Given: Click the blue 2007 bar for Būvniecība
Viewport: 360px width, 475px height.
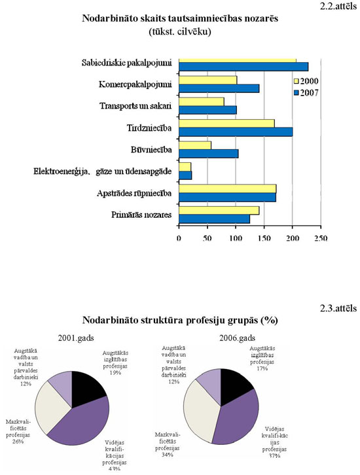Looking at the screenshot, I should coord(208,153).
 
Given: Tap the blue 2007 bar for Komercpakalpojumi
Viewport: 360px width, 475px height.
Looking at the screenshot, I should coord(219,88).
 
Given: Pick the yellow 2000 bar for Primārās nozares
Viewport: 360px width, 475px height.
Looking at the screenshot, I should coord(219,210).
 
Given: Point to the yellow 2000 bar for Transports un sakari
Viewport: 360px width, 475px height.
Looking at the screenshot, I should coord(201,101).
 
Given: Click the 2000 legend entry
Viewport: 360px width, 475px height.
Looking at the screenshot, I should coord(306,81).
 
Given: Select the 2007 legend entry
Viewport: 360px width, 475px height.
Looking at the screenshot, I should coord(306,93).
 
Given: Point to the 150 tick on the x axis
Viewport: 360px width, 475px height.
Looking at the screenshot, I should coord(264,239).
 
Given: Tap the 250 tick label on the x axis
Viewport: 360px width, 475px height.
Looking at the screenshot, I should coord(320,239).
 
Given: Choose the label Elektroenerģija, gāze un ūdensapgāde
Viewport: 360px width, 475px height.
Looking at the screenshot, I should coord(103,171).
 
